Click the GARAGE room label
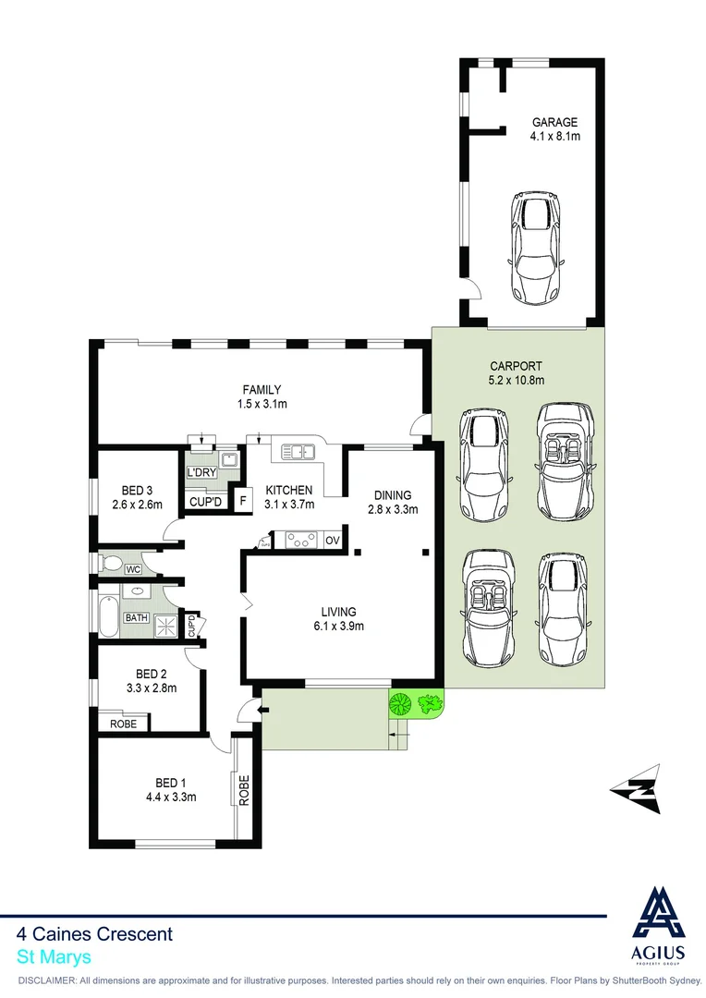(x=554, y=122)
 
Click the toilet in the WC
(x=113, y=563)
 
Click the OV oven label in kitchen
(x=333, y=540)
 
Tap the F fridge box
(x=243, y=501)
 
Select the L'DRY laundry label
(x=202, y=473)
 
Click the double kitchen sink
(x=298, y=452)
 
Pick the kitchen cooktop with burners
(x=300, y=540)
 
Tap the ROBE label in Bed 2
(x=123, y=724)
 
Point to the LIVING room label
(x=338, y=611)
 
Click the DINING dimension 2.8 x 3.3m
(x=393, y=509)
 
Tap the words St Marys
(x=54, y=958)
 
